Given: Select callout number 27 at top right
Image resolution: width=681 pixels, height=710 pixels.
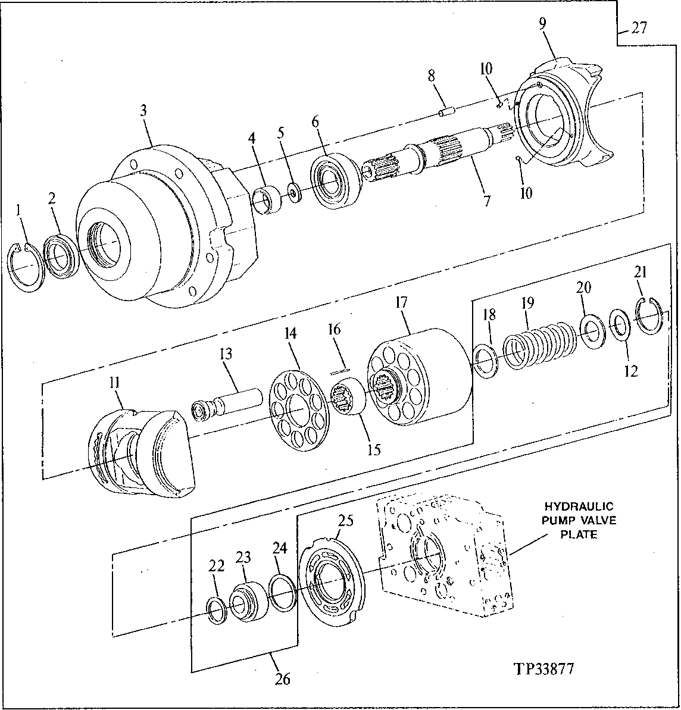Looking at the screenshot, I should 639,28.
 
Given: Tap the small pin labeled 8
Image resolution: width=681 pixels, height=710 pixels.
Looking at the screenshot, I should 447,111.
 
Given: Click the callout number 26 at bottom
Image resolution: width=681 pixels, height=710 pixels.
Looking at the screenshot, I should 283,678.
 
